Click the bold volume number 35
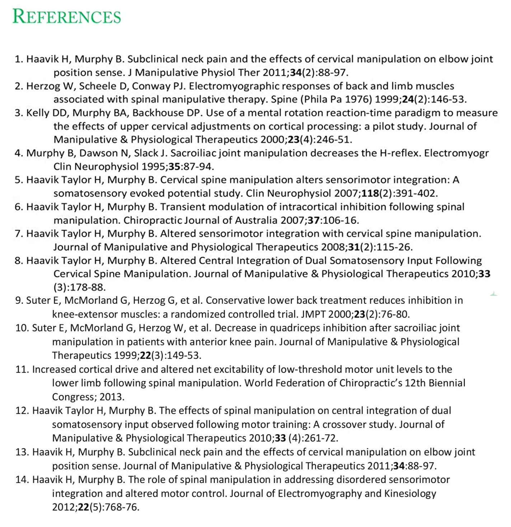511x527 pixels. pos(174,167)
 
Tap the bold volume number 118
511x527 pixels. pos(370,193)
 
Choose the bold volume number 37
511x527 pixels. pos(313,220)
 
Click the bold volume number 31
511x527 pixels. pos(353,247)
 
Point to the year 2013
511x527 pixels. pos(111,397)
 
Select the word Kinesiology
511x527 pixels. pos(410,494)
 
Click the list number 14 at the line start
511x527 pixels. pos(22,480)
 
